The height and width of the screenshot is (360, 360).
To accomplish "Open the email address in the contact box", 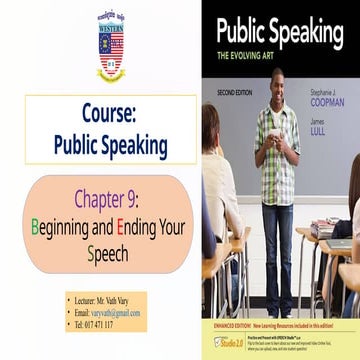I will pyautogui.click(x=119, y=313).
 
